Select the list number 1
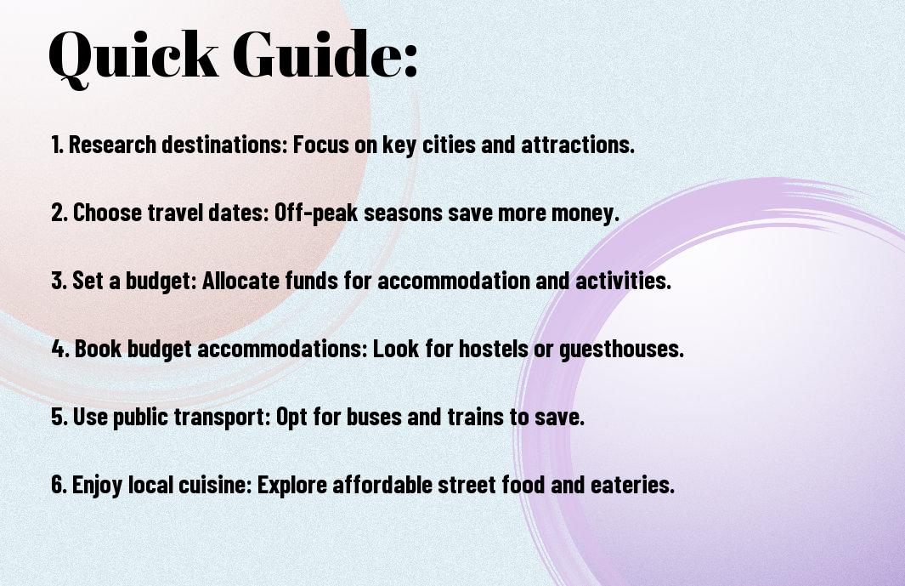[56, 145]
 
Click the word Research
[112, 145]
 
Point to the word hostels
[493, 349]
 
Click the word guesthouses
[622, 350]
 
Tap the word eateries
[632, 484]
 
